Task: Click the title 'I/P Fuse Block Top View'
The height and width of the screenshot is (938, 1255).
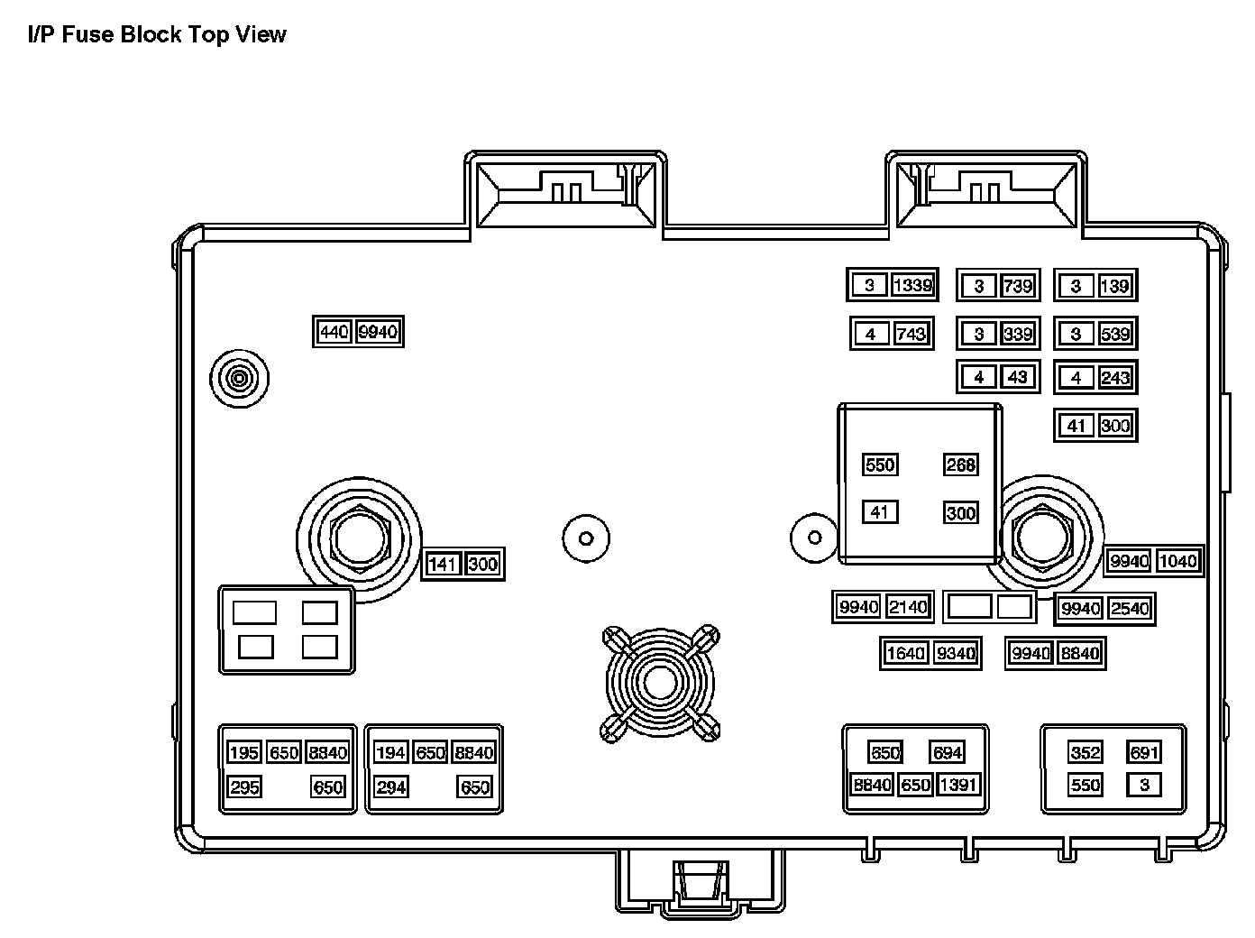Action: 157,35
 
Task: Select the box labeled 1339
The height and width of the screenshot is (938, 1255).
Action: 912,286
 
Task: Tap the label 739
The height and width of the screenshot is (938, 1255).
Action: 1017,286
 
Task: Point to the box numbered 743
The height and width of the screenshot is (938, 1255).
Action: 911,334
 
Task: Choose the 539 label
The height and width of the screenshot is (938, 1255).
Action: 1114,334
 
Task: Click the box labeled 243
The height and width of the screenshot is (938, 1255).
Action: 1114,377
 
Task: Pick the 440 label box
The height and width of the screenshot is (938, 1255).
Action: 334,332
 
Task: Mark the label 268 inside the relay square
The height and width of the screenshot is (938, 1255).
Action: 960,464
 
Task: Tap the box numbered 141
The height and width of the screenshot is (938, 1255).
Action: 444,565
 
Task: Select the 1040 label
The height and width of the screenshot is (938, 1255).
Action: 1177,561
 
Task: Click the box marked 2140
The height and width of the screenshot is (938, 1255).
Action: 907,607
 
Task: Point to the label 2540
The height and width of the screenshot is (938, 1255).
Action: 1129,609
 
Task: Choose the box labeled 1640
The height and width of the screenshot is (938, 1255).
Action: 905,653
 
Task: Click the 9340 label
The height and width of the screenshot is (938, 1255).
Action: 956,653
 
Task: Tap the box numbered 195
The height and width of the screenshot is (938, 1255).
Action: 243,753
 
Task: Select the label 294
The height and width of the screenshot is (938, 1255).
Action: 390,787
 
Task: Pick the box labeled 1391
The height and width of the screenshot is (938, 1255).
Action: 957,785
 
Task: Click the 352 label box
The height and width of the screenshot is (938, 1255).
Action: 1085,753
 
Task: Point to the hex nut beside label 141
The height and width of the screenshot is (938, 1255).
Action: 359,538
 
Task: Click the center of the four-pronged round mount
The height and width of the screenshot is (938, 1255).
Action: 661,683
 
